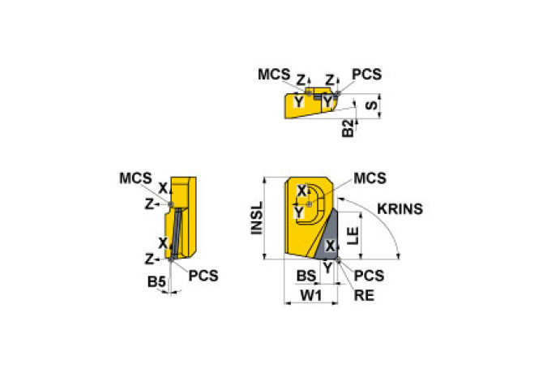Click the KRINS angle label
tap(400, 208)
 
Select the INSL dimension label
tap(256, 218)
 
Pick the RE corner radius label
tap(364, 295)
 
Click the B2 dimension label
tap(348, 128)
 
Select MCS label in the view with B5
tap(135, 178)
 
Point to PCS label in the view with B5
tap(203, 275)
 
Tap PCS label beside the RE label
tap(369, 276)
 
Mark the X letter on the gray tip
tap(329, 244)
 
